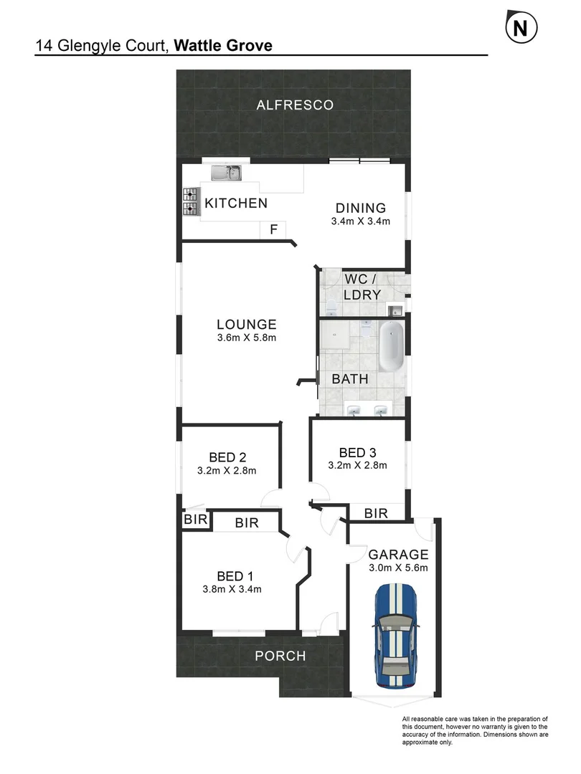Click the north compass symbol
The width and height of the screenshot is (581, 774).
click(x=522, y=28)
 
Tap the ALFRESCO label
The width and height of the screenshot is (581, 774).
click(x=296, y=105)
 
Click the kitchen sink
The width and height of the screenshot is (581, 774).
click(x=227, y=173)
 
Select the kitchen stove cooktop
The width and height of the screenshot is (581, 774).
click(x=191, y=201)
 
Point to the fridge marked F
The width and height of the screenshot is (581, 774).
click(x=273, y=230)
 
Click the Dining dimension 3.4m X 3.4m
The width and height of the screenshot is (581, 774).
click(x=360, y=221)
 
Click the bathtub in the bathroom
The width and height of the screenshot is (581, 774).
click(x=391, y=345)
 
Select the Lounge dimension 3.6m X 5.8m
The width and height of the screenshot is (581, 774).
click(x=247, y=338)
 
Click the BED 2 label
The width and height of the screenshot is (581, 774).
click(x=227, y=457)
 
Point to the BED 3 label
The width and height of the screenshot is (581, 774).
click(x=357, y=452)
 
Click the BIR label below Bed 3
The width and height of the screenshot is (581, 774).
click(x=376, y=513)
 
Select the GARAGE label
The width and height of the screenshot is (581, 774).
click(x=398, y=554)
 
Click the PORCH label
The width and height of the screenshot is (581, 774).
click(x=281, y=656)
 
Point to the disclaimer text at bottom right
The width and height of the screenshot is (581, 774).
click(x=475, y=731)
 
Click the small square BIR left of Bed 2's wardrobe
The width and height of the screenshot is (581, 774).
click(x=195, y=520)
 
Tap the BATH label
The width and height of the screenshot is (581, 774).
click(x=350, y=378)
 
